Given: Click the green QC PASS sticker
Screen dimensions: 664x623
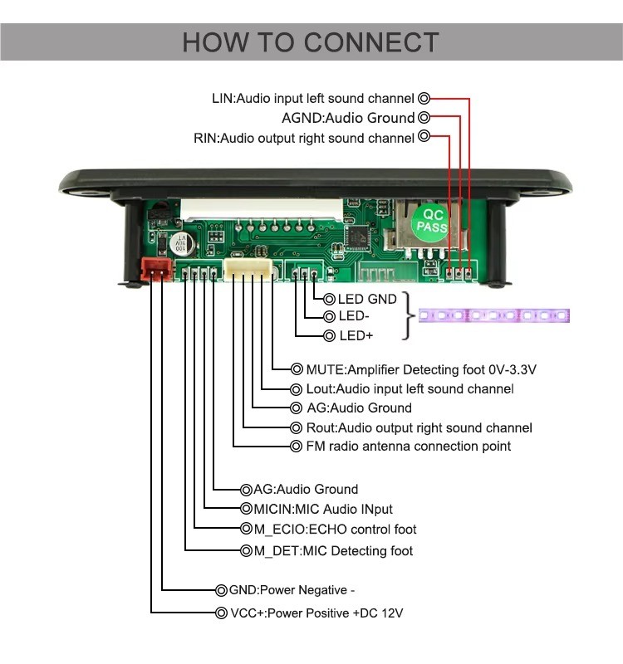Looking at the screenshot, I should pos(431,220).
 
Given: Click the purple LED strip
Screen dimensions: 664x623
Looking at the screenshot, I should pos(493,316).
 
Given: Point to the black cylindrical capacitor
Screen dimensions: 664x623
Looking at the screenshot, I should pos(184,242).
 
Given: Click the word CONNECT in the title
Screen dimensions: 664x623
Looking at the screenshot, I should pos(371,42).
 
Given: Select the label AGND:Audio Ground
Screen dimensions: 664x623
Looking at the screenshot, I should pos(348,118).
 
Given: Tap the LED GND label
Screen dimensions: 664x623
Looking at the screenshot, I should pos(367,299).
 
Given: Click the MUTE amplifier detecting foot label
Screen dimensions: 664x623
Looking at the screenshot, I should pos(415,369).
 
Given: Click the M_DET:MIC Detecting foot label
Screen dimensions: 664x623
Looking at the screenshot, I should pos(333,551).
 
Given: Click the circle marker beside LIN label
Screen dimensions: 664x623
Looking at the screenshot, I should pos(424,98).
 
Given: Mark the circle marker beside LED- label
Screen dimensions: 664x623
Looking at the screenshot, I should pos(329,316).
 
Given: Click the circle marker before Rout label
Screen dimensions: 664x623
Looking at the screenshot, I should pos(298,428).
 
